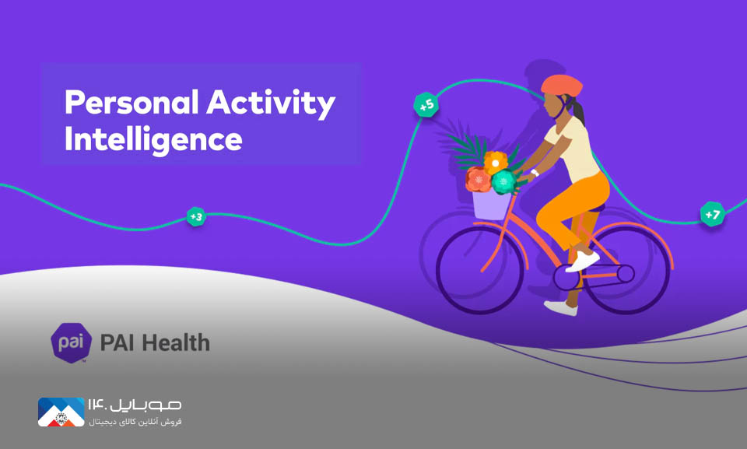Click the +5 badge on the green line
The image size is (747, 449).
[x=426, y=104]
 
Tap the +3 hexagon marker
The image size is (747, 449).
[x=196, y=217]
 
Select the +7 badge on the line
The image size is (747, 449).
[x=712, y=214]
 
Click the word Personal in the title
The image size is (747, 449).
[x=132, y=103]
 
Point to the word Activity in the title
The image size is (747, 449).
[x=271, y=103]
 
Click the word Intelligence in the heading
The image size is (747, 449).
[x=153, y=139]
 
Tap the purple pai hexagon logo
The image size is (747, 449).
[x=72, y=342]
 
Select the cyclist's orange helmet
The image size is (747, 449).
[x=562, y=86]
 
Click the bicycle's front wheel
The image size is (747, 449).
[x=480, y=270]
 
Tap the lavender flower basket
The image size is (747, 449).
[x=491, y=205]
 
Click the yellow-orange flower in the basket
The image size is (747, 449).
[x=496, y=163]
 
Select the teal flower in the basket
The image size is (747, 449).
[x=503, y=181]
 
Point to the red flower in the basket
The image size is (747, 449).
[x=478, y=179]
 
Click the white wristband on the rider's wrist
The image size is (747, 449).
[x=535, y=173]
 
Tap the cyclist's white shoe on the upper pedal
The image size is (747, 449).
[x=582, y=261]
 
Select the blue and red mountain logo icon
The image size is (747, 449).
[x=61, y=412]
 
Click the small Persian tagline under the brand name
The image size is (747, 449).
[x=135, y=423]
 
